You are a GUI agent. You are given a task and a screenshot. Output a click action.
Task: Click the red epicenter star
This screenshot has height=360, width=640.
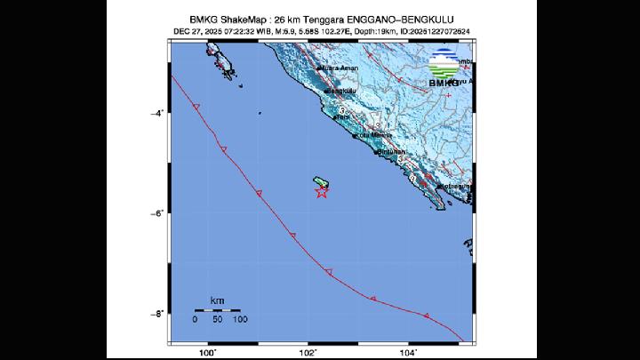tap(322, 191)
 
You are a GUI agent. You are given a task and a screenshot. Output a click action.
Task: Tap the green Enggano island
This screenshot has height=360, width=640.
tap(320, 181)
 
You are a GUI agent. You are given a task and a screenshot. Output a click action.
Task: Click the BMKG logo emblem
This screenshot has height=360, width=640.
tap(444, 64)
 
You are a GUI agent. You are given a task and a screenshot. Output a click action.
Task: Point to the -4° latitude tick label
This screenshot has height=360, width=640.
tap(157, 113)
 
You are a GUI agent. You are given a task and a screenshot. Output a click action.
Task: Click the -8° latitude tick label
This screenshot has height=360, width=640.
tap(157, 314)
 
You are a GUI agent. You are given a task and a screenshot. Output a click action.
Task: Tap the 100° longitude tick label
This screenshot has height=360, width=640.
tap(208, 353)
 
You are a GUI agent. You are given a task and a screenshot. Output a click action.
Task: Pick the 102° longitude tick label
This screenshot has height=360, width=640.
tap(308, 353)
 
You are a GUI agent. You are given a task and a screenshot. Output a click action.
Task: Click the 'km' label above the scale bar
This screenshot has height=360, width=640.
tap(217, 300)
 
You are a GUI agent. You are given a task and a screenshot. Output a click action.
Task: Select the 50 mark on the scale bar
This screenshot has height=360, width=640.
tap(217, 319)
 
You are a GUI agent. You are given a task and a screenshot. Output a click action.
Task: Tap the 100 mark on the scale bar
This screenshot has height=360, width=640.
tap(240, 319)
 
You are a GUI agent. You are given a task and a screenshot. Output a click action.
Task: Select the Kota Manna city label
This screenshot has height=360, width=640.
tap(373, 135)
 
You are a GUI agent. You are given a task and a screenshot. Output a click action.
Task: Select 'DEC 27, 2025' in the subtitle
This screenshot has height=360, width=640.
tap(196, 33)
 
